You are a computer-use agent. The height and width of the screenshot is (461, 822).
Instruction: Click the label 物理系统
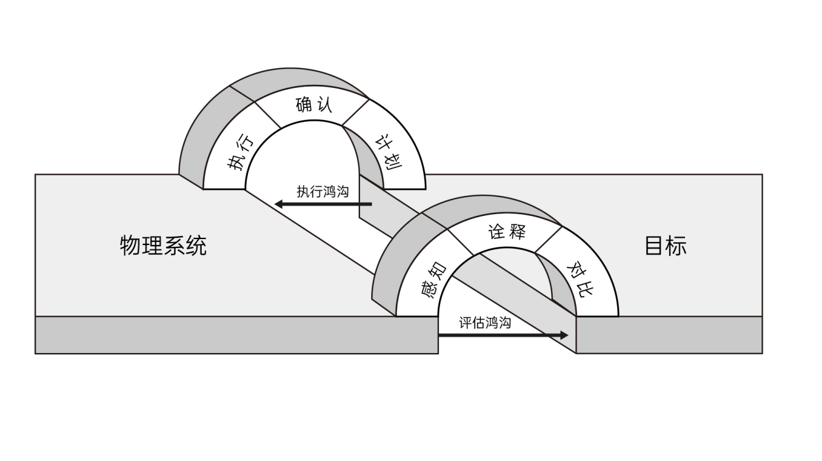[163, 245]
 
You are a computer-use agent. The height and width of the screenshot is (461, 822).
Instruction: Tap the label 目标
[665, 245]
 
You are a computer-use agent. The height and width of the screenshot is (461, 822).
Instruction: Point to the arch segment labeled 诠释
[506, 232]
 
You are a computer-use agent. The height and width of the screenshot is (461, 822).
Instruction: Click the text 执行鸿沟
[323, 192]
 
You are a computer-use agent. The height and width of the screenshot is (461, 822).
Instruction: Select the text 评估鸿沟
[485, 323]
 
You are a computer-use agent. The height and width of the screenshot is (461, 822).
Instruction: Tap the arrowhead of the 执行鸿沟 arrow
[279, 205]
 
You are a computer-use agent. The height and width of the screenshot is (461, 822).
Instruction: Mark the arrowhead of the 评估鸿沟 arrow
[563, 335]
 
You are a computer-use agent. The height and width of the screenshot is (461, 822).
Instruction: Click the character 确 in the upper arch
[304, 105]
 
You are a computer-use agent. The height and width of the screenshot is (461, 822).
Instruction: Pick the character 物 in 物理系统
[130, 245]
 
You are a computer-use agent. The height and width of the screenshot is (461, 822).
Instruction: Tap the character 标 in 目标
[676, 245]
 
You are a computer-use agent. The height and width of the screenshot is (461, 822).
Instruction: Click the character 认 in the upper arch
[324, 105]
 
